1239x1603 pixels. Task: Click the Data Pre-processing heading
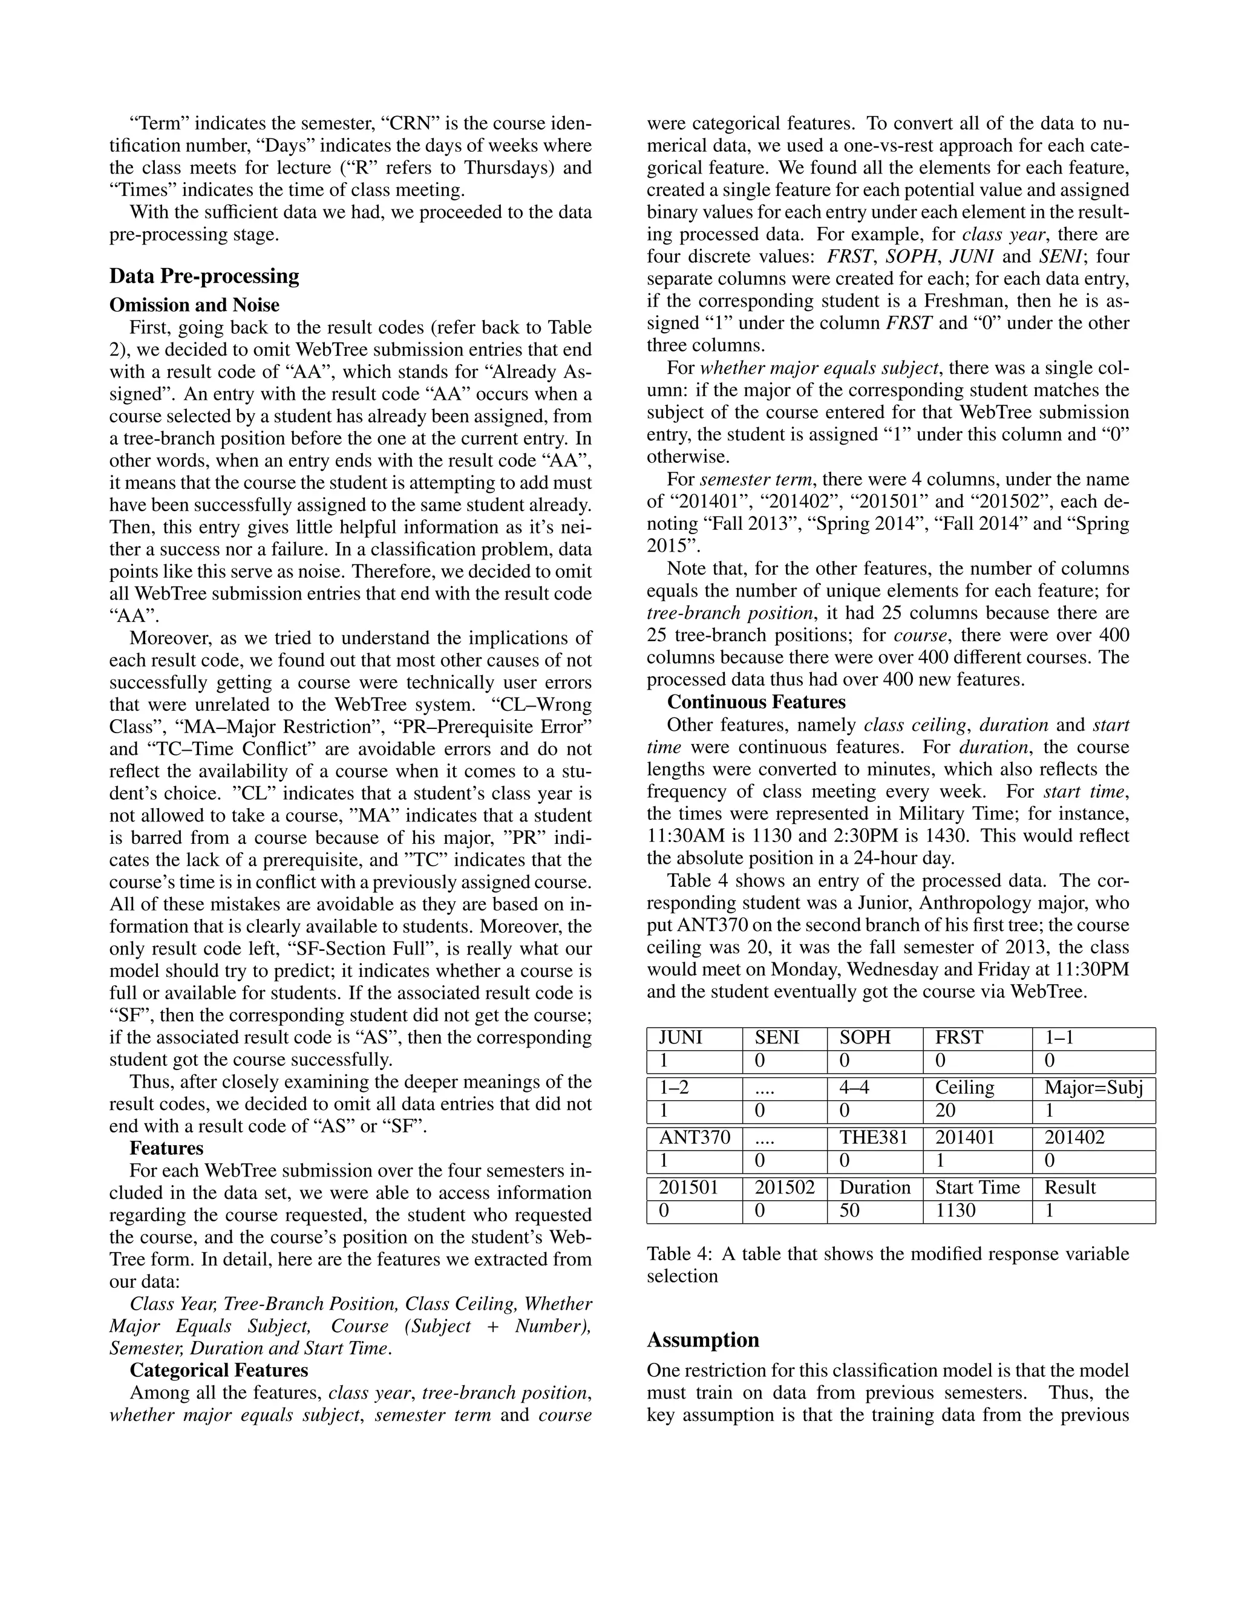coord(204,276)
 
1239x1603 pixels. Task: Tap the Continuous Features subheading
coord(756,702)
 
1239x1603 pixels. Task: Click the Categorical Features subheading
coord(219,1370)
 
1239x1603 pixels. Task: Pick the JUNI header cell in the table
coord(681,1038)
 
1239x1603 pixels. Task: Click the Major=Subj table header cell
coord(1094,1088)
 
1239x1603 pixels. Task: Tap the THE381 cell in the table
coord(874,1138)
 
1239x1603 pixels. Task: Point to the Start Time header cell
coord(977,1187)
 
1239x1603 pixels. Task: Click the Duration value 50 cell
coord(849,1210)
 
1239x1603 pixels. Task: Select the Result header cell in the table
coord(1070,1187)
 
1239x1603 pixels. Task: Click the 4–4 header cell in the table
coord(854,1088)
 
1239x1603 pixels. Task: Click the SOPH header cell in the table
coord(865,1038)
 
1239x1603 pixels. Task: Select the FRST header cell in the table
coord(959,1038)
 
